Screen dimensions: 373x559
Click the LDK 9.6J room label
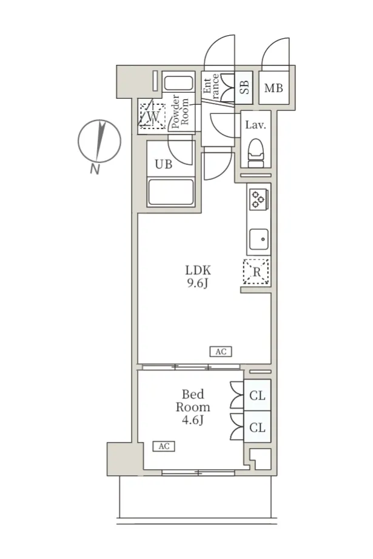(x=198, y=276)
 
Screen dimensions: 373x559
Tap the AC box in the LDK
(x=221, y=352)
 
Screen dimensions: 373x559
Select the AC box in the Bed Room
(x=164, y=446)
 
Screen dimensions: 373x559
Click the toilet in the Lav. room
(x=256, y=153)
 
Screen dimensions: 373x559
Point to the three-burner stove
(x=258, y=199)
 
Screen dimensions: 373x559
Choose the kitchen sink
(x=259, y=239)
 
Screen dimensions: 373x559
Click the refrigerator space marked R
(x=256, y=272)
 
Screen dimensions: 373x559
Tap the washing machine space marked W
(x=153, y=116)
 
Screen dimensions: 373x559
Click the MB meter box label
(x=274, y=88)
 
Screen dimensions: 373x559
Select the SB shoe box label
(x=244, y=87)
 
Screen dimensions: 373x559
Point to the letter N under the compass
(x=95, y=169)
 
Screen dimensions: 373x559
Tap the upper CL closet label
(x=257, y=395)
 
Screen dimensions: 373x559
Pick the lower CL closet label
(x=257, y=427)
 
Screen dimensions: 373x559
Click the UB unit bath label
(x=164, y=164)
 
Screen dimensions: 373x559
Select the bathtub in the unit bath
(x=171, y=192)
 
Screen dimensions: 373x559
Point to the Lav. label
(x=256, y=125)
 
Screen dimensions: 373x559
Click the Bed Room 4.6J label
(x=193, y=407)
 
